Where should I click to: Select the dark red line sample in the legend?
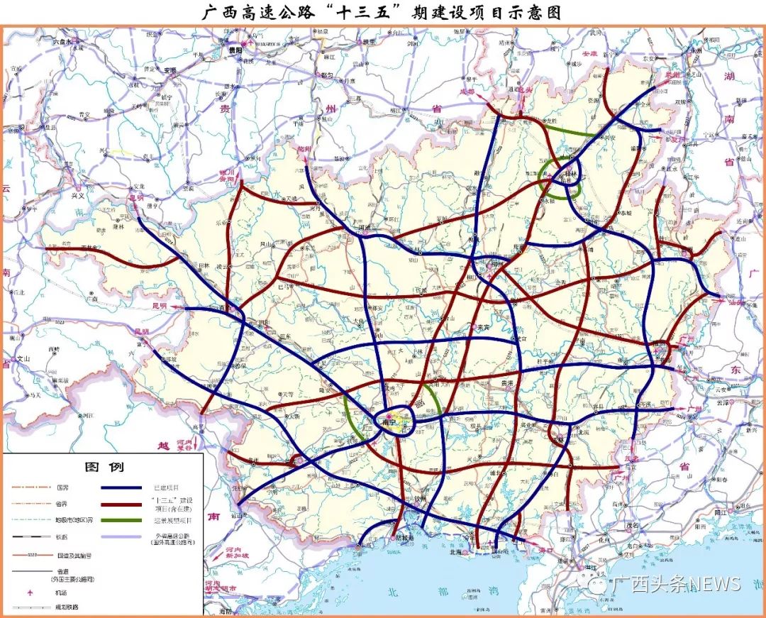pyautogui.click(x=123, y=504)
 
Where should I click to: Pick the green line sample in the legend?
pyautogui.click(x=123, y=520)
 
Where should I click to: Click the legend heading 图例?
pyautogui.click(x=104, y=468)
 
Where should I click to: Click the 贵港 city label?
pyautogui.click(x=507, y=383)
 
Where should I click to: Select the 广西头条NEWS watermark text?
pyautogui.click(x=677, y=584)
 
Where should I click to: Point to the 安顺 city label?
pyautogui.click(x=170, y=70)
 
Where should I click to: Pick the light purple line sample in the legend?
pyautogui.click(x=123, y=536)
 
